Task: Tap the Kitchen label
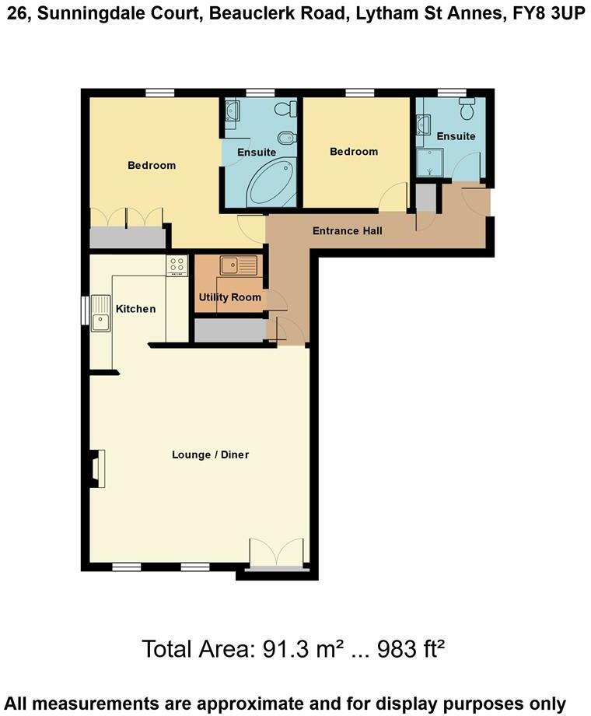136,309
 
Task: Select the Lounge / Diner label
210,455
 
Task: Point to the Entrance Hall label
347,231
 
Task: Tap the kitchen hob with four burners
177,265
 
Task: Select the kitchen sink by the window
100,314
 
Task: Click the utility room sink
238,266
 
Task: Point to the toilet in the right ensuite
467,109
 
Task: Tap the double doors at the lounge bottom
276,553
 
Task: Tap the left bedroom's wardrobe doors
127,219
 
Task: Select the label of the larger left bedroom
152,165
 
